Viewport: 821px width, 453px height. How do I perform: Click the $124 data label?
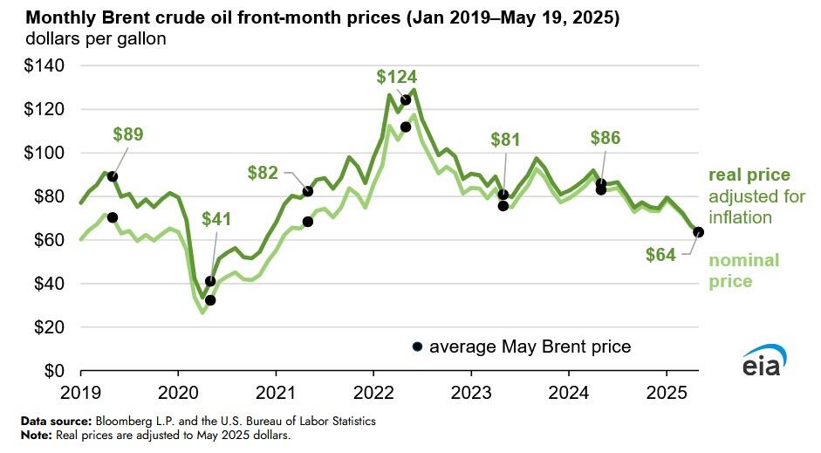398,76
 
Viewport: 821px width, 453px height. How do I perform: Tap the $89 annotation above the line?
128,134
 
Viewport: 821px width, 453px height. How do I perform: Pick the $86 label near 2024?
605,137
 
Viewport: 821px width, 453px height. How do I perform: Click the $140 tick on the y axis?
35,65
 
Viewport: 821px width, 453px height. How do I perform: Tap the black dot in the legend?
418,347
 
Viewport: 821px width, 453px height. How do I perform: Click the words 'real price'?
749,175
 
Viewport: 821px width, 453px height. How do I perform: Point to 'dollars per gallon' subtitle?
95,39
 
